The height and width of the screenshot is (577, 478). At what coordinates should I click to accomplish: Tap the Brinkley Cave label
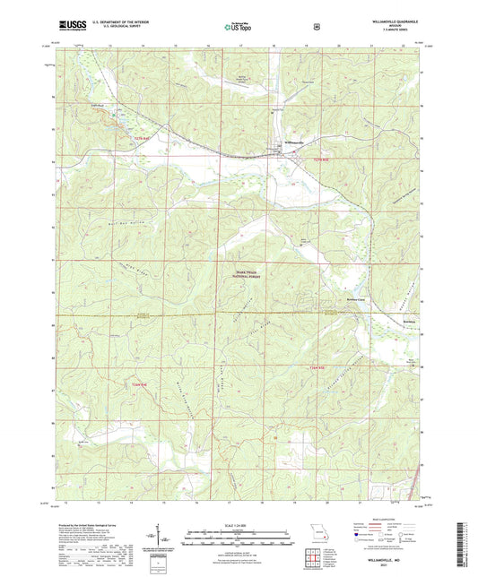click(x=345, y=300)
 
